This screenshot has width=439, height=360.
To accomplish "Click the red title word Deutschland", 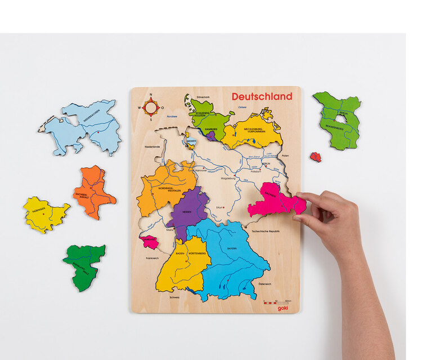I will [262, 96].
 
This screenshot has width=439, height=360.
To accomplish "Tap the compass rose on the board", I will [150, 106].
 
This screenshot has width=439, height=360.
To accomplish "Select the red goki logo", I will [284, 308].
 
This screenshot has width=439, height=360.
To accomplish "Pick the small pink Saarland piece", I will [149, 242].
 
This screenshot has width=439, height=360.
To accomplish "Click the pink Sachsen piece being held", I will [272, 202].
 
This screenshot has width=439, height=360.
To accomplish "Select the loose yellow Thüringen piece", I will [44, 214].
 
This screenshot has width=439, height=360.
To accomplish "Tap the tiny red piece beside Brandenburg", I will [315, 157].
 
